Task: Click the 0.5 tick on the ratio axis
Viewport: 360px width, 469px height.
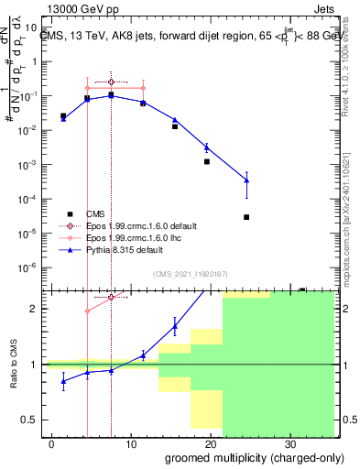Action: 34,420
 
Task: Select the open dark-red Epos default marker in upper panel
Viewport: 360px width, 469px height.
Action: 111,82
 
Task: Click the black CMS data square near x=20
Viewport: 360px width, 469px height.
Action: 207,161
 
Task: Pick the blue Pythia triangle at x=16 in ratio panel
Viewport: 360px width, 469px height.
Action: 175,325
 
